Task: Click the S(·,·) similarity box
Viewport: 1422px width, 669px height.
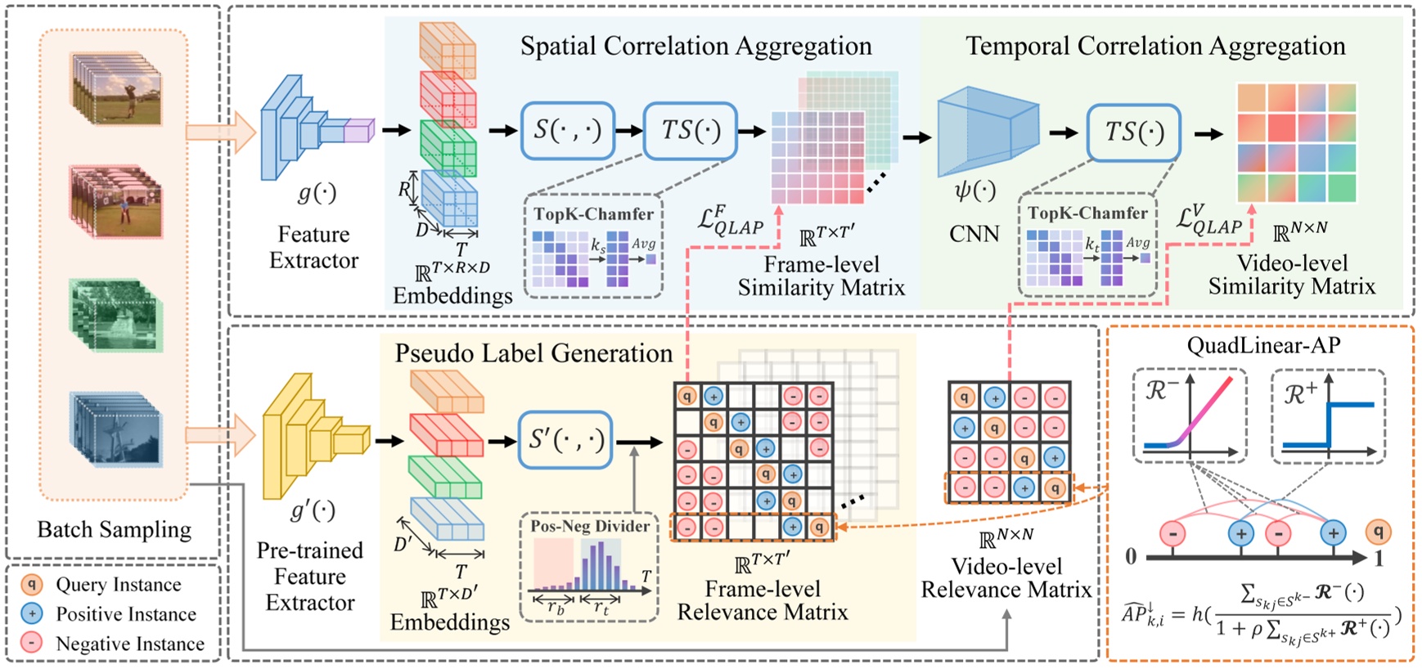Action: coord(567,130)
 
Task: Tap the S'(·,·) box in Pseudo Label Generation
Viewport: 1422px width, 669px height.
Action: coord(565,440)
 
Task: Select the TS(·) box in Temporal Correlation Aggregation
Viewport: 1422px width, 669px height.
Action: coord(1133,132)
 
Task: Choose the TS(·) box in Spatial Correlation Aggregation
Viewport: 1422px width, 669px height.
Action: coord(690,130)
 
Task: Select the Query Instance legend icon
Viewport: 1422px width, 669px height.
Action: coord(31,584)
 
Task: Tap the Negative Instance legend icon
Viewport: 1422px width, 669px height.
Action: coord(31,643)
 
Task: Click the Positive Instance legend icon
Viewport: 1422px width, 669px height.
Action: coord(31,613)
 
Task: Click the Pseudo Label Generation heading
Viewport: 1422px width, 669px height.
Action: coord(533,353)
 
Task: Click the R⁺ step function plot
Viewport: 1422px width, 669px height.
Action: coord(1328,415)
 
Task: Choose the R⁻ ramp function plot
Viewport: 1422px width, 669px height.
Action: coord(1190,415)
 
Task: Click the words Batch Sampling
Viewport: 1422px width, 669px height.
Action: coord(115,529)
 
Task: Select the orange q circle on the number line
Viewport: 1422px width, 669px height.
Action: coord(1379,532)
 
